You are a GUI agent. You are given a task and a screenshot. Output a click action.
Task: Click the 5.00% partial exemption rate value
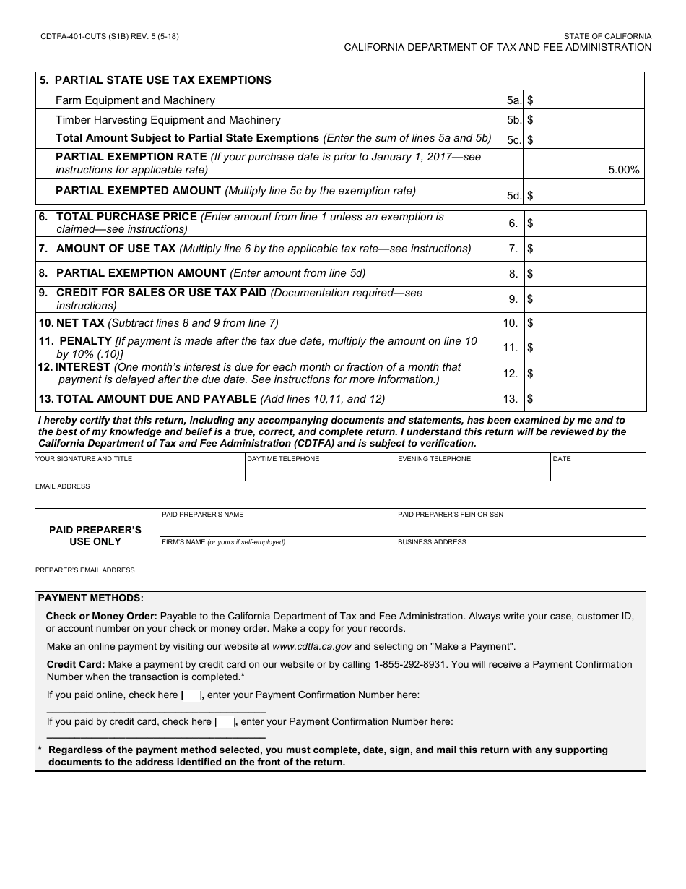pyautogui.click(x=623, y=171)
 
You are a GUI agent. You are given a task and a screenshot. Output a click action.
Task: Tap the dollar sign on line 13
pyautogui.click(x=530, y=399)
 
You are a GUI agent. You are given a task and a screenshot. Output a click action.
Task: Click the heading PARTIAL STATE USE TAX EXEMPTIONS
pyautogui.click(x=162, y=80)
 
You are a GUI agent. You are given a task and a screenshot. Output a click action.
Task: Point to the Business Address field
pyautogui.click(x=520, y=554)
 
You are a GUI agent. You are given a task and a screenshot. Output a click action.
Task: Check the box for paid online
pyautogui.click(x=192, y=695)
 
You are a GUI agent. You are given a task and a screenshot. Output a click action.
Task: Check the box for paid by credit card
pyautogui.click(x=225, y=722)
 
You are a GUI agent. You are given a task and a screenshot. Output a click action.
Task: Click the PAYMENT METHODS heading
pyautogui.click(x=91, y=598)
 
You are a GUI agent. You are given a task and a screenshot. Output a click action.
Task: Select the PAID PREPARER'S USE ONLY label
pyautogui.click(x=95, y=536)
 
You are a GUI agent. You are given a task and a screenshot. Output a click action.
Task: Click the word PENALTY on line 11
pyautogui.click(x=85, y=341)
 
